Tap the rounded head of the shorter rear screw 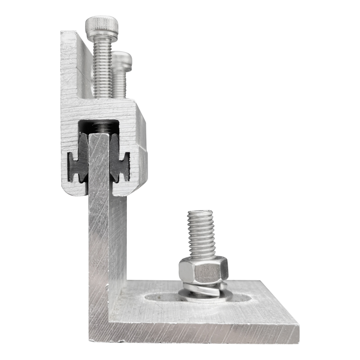(121, 60)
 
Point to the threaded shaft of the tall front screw (102, 67)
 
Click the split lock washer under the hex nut (202, 288)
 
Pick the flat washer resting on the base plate (205, 296)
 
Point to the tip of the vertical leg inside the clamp (99, 137)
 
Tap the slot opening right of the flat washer (242, 297)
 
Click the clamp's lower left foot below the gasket (74, 189)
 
